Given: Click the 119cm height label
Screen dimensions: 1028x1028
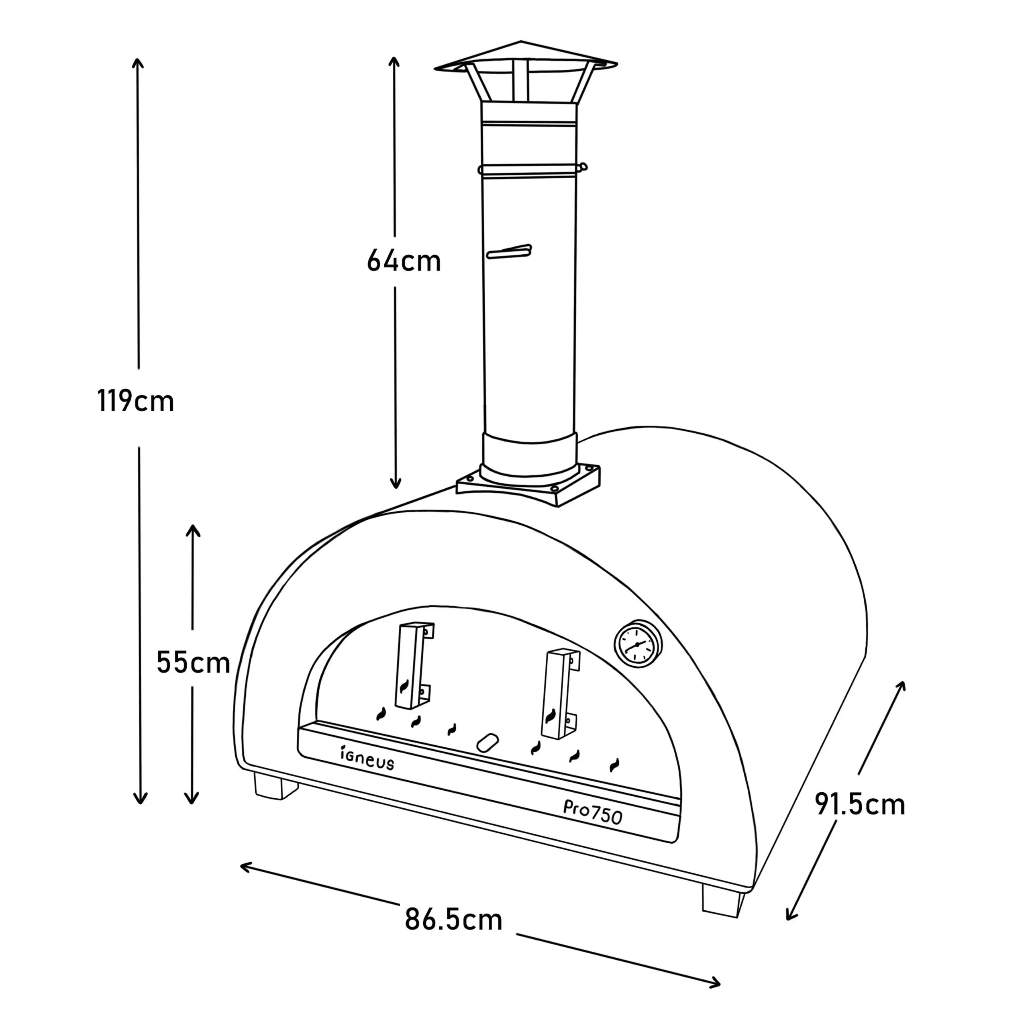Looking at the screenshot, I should click(x=136, y=401).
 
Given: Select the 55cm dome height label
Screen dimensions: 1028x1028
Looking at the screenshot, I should click(x=193, y=663).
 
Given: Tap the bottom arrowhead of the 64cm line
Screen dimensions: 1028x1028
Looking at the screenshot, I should click(x=395, y=485).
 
